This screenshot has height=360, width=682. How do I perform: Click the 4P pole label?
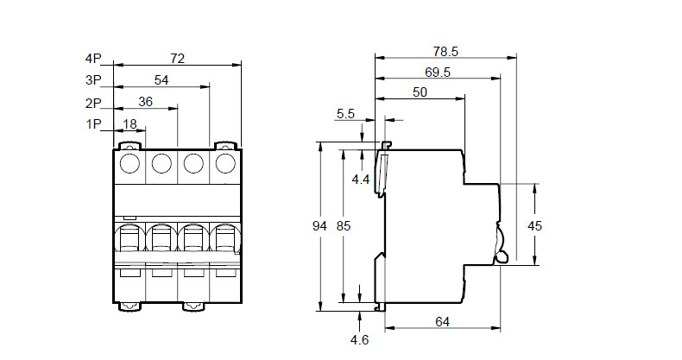click(x=93, y=59)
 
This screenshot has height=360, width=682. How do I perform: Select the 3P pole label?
click(x=93, y=80)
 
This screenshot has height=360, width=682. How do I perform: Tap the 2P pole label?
click(x=93, y=102)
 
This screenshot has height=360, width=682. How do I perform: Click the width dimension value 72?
click(x=177, y=59)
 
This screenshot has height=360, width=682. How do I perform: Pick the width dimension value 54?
click(x=161, y=80)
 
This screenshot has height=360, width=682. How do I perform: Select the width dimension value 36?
click(x=145, y=102)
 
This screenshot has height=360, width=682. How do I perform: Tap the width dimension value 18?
click(x=130, y=124)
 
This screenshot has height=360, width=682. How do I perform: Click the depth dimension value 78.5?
click(x=445, y=51)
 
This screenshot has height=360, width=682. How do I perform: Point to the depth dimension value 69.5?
click(x=438, y=73)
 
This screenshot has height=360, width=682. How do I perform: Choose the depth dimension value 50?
click(x=420, y=93)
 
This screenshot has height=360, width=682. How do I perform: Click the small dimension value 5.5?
click(x=346, y=113)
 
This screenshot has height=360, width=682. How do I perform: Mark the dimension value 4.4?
click(x=361, y=180)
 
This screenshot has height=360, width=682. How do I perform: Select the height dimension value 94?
click(x=319, y=226)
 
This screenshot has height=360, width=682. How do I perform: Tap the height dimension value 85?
click(x=344, y=226)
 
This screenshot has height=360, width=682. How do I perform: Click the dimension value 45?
click(x=535, y=225)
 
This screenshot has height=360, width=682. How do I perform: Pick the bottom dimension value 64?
click(x=442, y=322)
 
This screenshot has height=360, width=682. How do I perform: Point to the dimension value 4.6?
click(x=360, y=340)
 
